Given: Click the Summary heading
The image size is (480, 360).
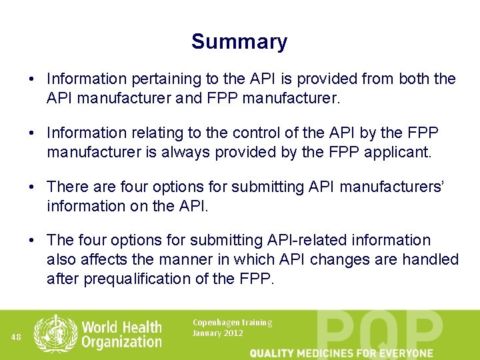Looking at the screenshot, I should coord(239,41).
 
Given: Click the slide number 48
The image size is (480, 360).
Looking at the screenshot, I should coord(16,337).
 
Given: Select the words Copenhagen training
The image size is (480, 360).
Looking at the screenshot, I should coord(232,323).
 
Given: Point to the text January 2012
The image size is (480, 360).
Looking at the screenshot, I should coord(218,333).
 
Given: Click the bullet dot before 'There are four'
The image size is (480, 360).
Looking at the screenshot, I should coord(32,187).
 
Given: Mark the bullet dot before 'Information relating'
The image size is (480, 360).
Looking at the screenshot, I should coord(32,133).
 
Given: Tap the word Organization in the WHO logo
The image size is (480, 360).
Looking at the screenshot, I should coord(121,342).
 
